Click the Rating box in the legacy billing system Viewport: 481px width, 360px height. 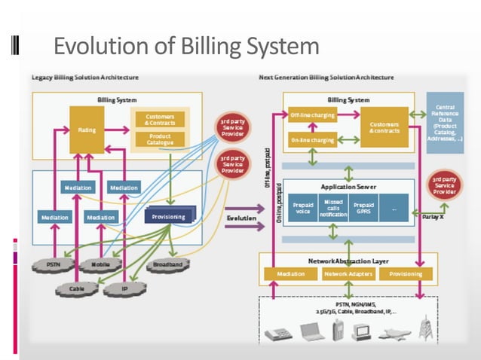tap(87, 130)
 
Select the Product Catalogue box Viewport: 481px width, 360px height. tap(159, 139)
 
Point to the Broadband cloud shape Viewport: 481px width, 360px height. tap(167, 265)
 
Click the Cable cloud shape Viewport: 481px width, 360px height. tap(77, 287)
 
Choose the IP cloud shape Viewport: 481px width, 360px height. tap(126, 287)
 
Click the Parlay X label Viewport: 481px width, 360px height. tap(433, 216)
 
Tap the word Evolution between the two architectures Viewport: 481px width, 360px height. tap(241, 218)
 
